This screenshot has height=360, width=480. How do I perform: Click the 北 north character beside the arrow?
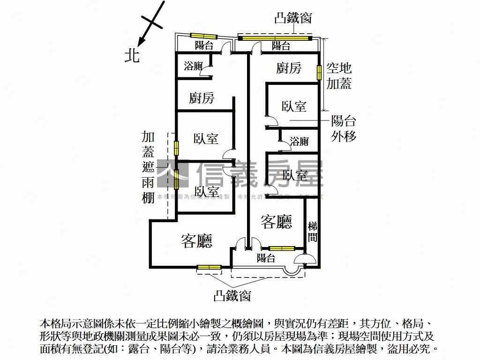coord(132,56)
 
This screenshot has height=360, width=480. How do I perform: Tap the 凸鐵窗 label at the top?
coord(293,18)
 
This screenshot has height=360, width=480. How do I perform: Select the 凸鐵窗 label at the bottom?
coord(232,296)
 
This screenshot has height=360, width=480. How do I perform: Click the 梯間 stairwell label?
coord(313,232)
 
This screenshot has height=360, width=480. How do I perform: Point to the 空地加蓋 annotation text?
coord(339,76)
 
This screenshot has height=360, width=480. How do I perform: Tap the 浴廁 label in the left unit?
coord(193,66)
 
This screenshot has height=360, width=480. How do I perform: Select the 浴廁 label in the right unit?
coord(299,141)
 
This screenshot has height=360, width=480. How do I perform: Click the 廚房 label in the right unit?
coord(288,68)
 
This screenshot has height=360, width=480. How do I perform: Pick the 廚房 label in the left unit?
coord(202,98)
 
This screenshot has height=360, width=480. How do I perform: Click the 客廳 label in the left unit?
coord(197,241)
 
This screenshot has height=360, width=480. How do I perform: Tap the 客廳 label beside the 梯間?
coord(277,222)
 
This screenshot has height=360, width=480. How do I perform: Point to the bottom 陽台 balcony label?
coord(266,257)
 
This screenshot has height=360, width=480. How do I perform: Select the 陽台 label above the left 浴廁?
coord(204,45)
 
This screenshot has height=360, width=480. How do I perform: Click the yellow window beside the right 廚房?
coord(319,72)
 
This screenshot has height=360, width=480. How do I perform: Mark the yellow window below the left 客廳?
coord(209,268)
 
